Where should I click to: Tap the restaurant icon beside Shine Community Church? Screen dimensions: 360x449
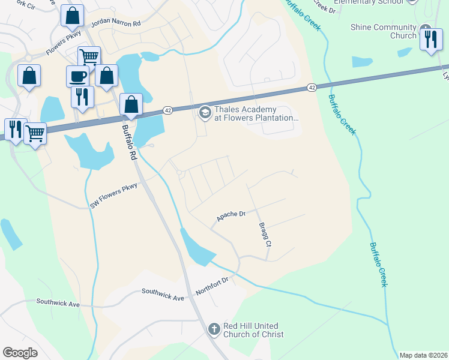coord(431,38)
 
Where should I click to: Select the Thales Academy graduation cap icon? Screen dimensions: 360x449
coord(205,112)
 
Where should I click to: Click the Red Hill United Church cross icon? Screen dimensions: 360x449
coord(214,329)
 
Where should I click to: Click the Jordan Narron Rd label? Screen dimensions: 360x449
coord(115,24)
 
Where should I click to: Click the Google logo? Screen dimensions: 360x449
coord(20,352)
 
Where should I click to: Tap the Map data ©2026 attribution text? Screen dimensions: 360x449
coord(423,355)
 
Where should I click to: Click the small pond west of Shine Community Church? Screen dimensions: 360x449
coord(362,61)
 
